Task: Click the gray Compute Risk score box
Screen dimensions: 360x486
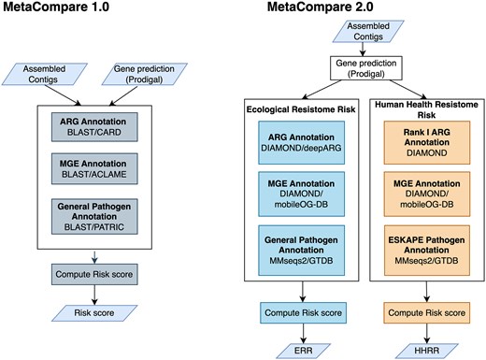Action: [x=93, y=276]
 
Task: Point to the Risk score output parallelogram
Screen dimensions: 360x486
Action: [x=93, y=312]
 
